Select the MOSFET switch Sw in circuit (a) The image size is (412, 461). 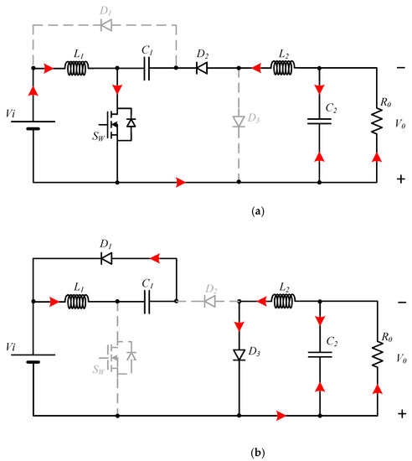click(120, 123)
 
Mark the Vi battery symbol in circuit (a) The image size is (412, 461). click(33, 126)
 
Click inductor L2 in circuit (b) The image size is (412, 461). click(281, 300)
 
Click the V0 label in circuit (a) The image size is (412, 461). click(400, 123)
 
